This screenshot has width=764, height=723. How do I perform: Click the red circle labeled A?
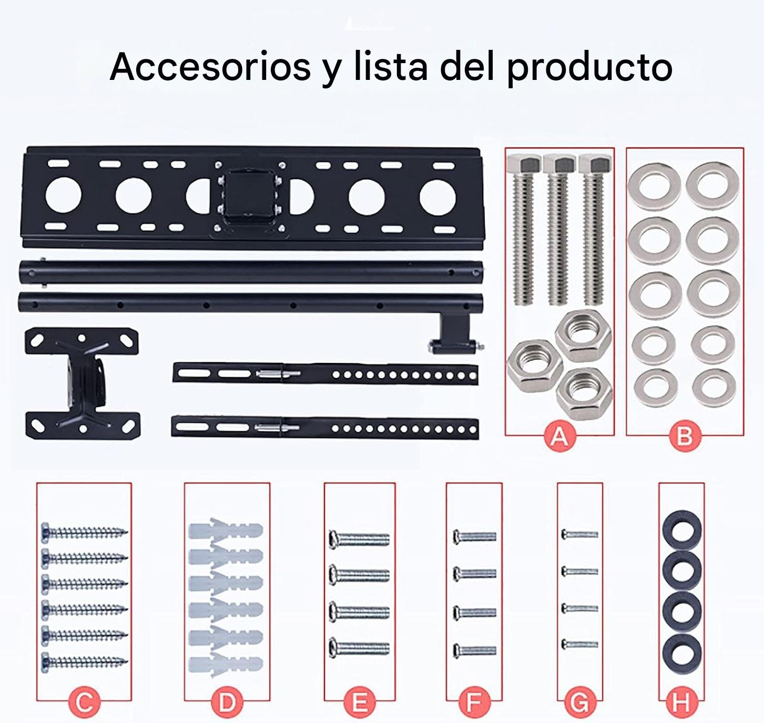click(559, 436)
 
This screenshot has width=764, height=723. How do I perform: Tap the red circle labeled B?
click(684, 436)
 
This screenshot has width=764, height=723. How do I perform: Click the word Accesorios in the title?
click(210, 66)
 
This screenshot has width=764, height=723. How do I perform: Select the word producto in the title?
click(590, 68)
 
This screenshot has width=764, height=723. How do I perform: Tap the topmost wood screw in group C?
click(85, 532)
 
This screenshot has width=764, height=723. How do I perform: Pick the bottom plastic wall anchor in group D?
click(226, 664)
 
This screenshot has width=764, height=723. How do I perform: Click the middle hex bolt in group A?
click(559, 229)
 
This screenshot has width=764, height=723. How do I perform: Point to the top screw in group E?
click(359, 539)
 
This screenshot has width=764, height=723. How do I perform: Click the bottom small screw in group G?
click(579, 645)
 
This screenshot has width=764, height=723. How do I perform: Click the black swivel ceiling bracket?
click(83, 383)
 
